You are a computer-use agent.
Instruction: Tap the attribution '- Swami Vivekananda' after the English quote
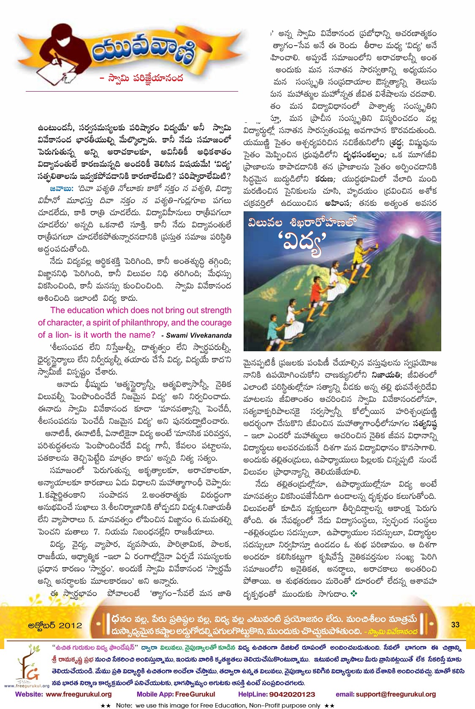196,336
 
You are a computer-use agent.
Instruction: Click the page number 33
455,625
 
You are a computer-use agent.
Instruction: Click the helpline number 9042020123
288,694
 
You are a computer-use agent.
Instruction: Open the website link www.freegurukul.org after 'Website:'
79,694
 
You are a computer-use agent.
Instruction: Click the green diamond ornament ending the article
354,594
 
